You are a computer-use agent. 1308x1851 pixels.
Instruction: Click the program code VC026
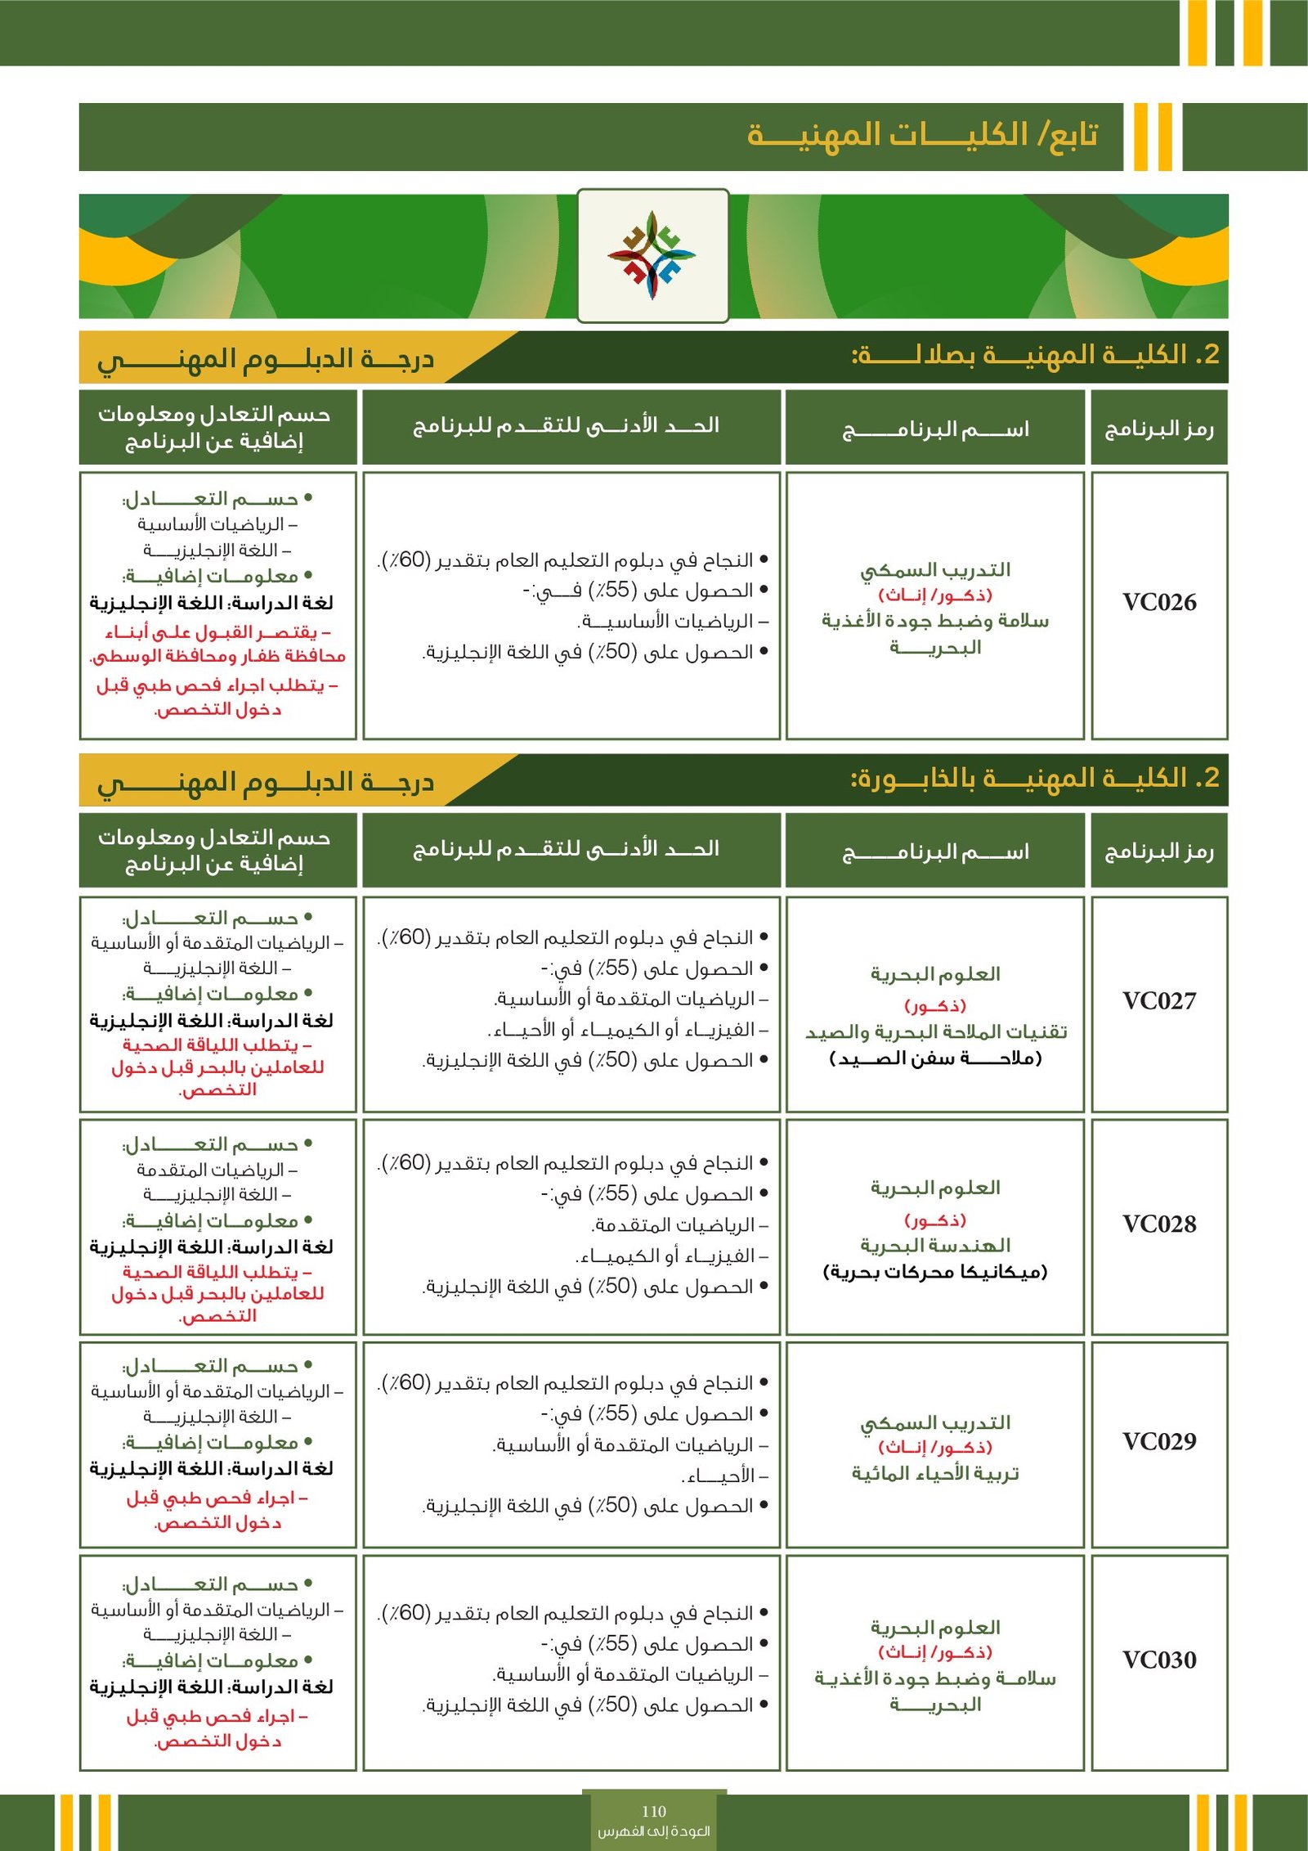[x=1158, y=603]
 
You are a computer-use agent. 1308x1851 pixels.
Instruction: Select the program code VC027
[x=1158, y=1001]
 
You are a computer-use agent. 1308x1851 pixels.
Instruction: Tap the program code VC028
[x=1158, y=1224]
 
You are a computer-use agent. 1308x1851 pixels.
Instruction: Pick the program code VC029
[x=1158, y=1442]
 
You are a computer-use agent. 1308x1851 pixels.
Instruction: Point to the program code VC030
[x=1158, y=1660]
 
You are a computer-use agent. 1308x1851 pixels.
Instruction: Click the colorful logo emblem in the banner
[x=652, y=255]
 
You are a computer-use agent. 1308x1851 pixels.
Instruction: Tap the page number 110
[x=654, y=1811]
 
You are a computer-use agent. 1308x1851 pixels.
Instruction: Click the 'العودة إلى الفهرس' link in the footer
[x=654, y=1831]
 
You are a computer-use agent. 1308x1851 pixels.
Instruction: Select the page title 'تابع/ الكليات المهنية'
[x=922, y=135]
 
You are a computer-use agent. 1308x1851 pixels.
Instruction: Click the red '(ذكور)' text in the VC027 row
[x=935, y=1005]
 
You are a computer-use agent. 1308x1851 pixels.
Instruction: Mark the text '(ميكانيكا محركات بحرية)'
[x=935, y=1272]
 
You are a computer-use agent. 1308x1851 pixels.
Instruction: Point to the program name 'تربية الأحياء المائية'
[x=935, y=1473]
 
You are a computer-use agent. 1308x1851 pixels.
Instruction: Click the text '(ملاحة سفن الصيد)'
[x=935, y=1058]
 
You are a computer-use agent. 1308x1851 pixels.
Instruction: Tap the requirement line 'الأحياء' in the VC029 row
[x=724, y=1476]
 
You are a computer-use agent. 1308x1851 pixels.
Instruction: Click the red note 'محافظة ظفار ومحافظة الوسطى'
[x=217, y=657]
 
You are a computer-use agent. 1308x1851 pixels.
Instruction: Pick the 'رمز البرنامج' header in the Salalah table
[x=1158, y=429]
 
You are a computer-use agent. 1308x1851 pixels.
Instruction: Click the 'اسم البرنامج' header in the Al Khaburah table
[x=935, y=852]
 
